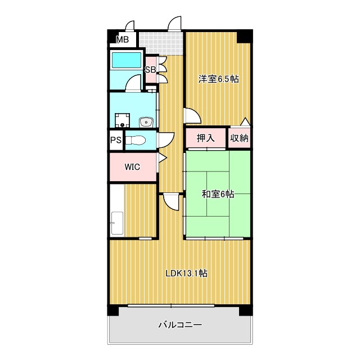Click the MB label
[x=123, y=40]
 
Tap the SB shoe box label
[x=150, y=69]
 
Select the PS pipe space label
[x=116, y=140]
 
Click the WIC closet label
[x=132, y=167]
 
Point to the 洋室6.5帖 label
[x=219, y=79]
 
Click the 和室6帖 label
[x=218, y=194]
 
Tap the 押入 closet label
[x=206, y=138]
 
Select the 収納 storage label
[x=240, y=138]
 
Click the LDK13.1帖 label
[x=187, y=273]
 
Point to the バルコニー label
[x=181, y=325]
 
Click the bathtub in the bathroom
[x=126, y=60]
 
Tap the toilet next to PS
[x=136, y=140]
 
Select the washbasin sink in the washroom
[x=146, y=121]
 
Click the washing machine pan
[x=123, y=120]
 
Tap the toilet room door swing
[x=166, y=140]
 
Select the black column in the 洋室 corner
[x=245, y=36]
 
